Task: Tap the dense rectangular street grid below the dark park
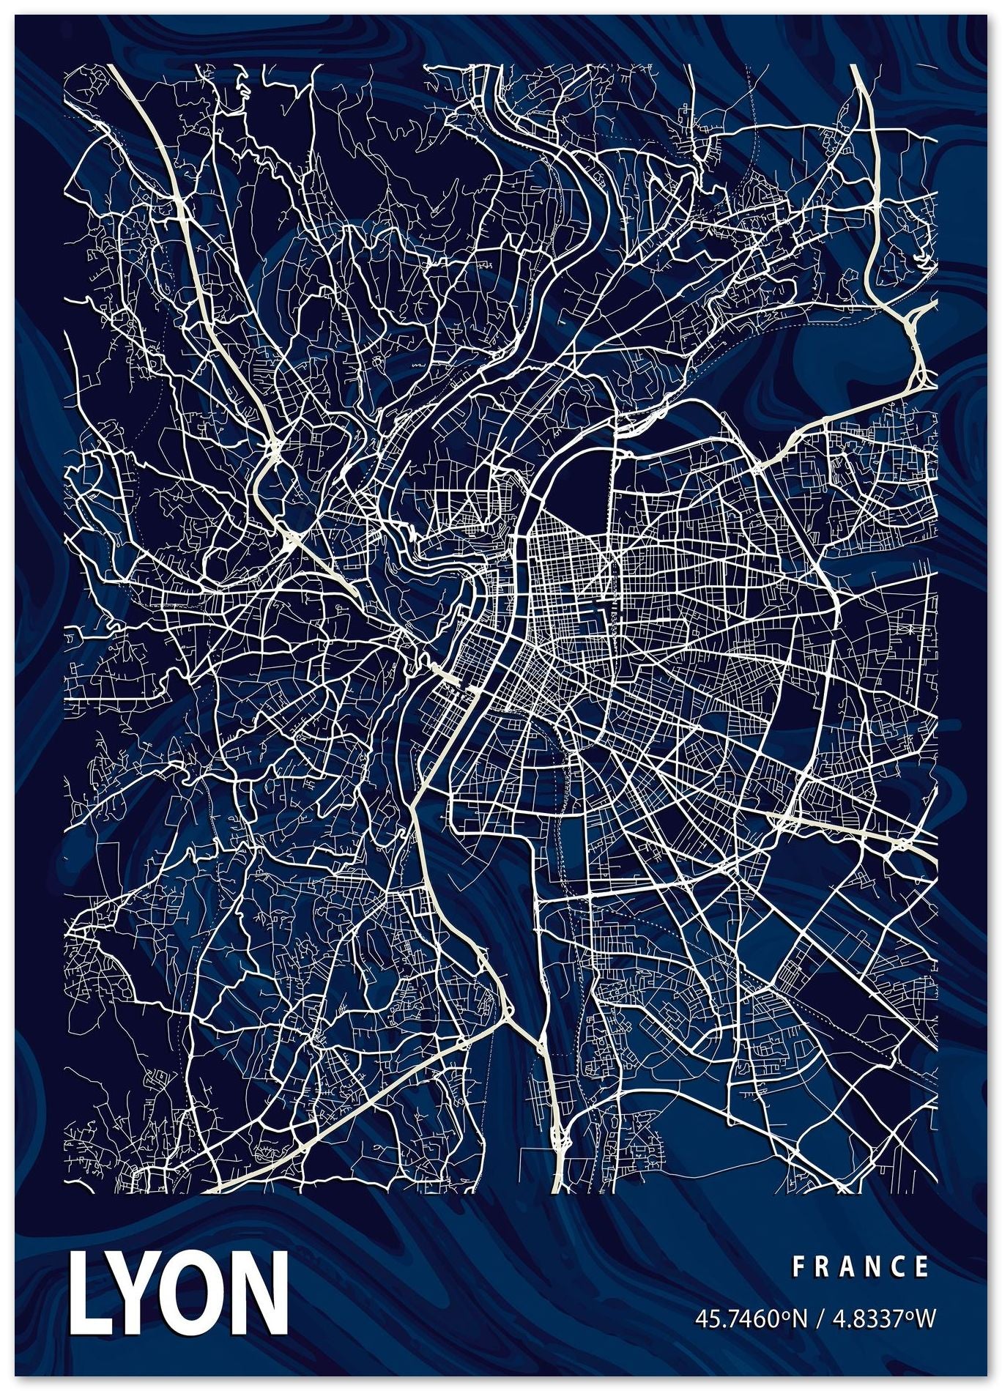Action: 564,579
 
